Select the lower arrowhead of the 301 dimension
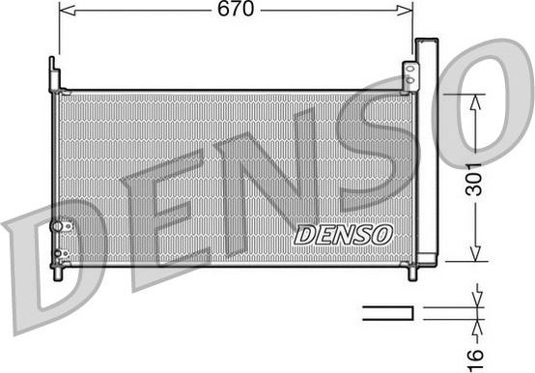474,253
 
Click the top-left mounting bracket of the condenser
54,73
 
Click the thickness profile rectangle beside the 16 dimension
387,311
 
